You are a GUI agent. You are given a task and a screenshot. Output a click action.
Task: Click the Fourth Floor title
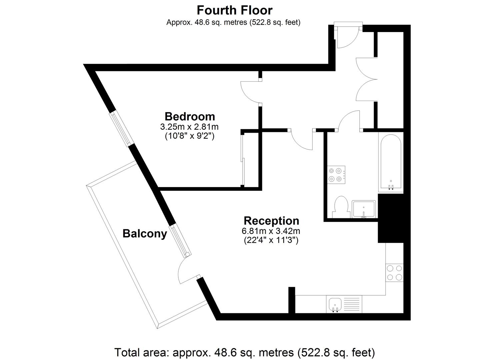(234, 10)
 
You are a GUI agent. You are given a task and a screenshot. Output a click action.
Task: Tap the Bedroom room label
(190, 116)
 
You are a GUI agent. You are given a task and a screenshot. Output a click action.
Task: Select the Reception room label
(271, 221)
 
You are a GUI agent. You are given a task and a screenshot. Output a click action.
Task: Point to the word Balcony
(145, 234)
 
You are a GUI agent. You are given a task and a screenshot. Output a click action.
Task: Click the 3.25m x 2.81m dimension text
(189, 127)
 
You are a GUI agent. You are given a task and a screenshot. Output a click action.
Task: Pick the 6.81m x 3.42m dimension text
(271, 231)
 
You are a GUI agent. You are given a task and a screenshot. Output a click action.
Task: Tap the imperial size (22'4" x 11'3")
(271, 240)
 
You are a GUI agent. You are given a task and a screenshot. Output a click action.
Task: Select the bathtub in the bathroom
(391, 162)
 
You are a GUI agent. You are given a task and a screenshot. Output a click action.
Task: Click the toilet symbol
(341, 207)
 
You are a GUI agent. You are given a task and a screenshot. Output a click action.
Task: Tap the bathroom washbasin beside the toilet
(364, 209)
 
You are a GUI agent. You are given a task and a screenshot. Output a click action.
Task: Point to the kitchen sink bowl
(335, 305)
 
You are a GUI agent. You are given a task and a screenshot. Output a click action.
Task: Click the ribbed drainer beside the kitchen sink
(352, 304)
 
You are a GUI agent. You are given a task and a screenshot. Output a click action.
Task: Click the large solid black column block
(391, 218)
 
